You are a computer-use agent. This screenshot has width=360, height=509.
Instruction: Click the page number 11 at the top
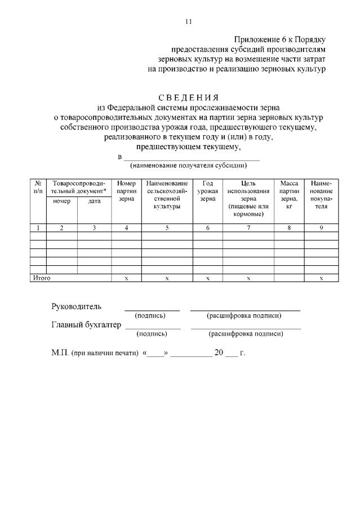tap(188, 21)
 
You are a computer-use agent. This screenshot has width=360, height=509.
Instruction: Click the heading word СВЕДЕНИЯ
tap(189, 97)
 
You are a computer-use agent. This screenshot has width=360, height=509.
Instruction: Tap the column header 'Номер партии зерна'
tap(126, 191)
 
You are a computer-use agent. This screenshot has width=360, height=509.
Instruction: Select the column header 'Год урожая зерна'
tap(208, 191)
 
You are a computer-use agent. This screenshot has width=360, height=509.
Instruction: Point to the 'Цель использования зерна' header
tap(248, 199)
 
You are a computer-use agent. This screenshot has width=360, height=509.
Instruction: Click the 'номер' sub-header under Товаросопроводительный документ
tap(61, 202)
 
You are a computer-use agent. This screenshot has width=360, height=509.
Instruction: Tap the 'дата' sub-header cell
tap(94, 202)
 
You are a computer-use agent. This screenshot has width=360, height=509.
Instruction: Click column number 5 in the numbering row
tap(167, 227)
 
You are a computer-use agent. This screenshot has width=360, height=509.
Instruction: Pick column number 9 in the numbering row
tap(321, 227)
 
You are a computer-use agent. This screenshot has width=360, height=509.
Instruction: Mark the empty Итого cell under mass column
tap(289, 278)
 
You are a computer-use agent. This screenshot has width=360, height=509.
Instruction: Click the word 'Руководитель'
tap(77, 306)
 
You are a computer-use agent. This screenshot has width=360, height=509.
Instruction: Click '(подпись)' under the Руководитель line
tap(152, 315)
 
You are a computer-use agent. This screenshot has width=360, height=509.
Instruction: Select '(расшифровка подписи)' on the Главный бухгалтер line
tap(246, 334)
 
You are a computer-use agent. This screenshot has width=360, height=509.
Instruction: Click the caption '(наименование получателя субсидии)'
tap(188, 166)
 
